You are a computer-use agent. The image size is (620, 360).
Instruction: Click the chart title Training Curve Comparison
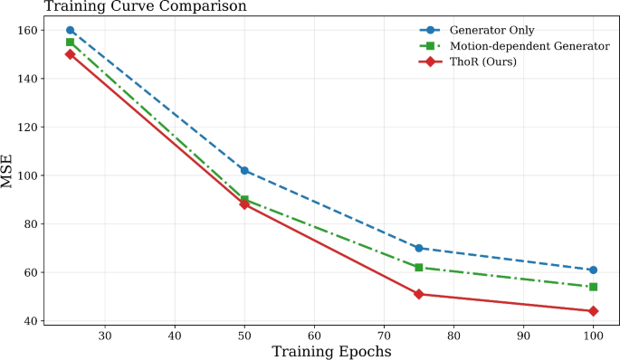(125, 7)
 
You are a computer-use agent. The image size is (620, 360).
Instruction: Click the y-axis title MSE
(8, 171)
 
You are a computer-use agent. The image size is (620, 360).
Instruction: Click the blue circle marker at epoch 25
(71, 30)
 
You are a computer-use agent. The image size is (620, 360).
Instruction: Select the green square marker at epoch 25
(71, 43)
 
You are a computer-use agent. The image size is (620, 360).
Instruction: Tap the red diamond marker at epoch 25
(71, 54)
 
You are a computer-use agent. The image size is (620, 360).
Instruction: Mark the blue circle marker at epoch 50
(244, 170)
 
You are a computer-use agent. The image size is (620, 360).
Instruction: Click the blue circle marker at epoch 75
(419, 248)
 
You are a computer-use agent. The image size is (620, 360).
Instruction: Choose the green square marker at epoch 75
(419, 268)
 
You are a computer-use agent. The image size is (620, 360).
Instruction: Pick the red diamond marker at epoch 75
(419, 294)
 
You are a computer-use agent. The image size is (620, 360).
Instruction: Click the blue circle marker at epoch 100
(593, 270)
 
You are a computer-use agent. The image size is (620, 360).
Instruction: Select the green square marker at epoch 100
(593, 287)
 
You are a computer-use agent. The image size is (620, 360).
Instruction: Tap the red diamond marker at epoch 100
(593, 311)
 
